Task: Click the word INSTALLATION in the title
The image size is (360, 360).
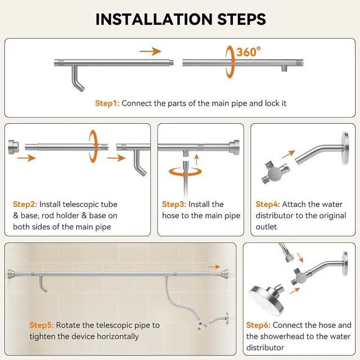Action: coord(154,19)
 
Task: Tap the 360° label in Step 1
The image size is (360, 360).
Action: coord(249,52)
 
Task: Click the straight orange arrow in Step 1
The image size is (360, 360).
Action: coord(150,51)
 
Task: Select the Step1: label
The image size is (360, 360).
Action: coord(107,103)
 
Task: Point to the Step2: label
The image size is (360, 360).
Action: coord(25,204)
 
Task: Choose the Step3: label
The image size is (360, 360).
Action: coord(174,204)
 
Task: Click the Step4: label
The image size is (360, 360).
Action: coord(268,204)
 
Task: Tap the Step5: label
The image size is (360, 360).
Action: coord(42,325)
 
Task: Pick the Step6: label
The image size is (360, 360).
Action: coord(258,325)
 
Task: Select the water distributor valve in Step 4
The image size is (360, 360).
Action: coord(274,173)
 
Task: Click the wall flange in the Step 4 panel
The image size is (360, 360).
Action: coord(345,148)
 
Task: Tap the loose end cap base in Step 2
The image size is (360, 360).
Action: coord(13,147)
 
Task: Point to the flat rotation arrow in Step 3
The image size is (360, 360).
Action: coord(186,172)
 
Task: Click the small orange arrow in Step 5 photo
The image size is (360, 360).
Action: coord(214,267)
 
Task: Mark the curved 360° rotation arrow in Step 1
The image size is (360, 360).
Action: coord(230,62)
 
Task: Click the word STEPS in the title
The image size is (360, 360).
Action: coord(241,19)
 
